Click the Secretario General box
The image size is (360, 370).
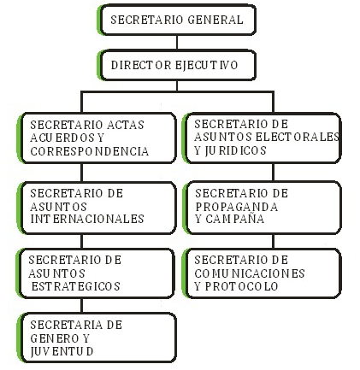(x=177, y=20)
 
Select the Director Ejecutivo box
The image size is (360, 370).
(x=177, y=65)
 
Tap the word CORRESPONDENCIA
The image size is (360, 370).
(x=90, y=151)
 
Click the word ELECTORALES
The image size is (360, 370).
(x=298, y=137)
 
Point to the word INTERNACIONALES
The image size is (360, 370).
(x=87, y=219)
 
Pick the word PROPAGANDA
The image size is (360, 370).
(x=237, y=207)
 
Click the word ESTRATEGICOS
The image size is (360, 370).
(x=75, y=286)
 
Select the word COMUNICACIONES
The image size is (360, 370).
(x=250, y=273)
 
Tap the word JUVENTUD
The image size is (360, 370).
(x=62, y=351)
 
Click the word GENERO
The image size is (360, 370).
(x=55, y=338)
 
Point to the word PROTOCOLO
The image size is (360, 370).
(x=241, y=286)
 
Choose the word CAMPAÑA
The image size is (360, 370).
(x=235, y=219)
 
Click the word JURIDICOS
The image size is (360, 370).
(x=235, y=150)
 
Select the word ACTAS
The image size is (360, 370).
(x=122, y=125)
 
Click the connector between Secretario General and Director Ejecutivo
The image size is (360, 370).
(x=177, y=43)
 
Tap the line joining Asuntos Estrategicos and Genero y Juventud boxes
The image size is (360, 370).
(x=82, y=305)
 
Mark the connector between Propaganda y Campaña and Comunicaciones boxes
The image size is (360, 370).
(x=273, y=242)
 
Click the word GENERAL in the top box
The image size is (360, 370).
(x=215, y=20)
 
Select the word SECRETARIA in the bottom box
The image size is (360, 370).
(x=66, y=325)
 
